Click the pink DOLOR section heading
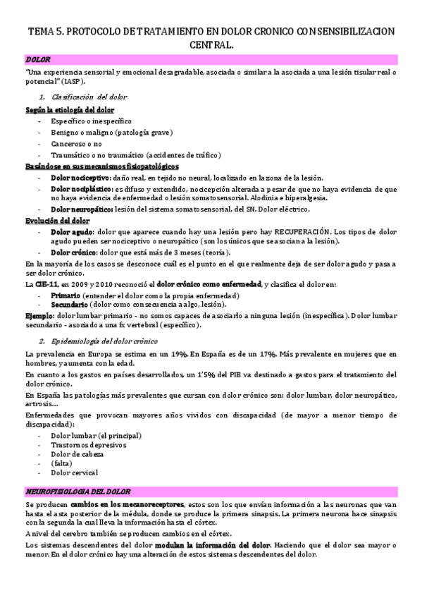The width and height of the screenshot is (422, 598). pyautogui.click(x=37, y=61)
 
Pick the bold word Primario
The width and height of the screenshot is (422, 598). pyautogui.click(x=66, y=295)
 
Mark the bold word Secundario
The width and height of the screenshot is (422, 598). pyautogui.click(x=70, y=304)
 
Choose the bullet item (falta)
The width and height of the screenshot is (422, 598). pyautogui.click(x=61, y=464)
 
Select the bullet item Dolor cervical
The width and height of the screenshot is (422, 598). pyautogui.click(x=74, y=473)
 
